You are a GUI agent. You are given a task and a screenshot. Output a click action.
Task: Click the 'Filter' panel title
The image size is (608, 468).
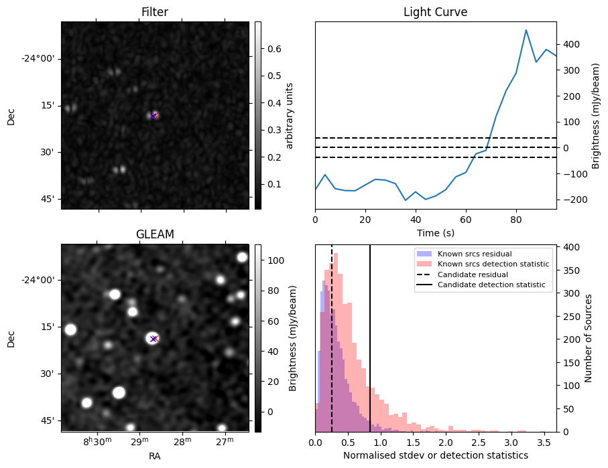[154, 12]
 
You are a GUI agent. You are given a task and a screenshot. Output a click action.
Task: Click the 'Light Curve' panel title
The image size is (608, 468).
[435, 12]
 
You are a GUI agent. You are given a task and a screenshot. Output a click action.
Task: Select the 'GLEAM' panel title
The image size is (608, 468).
[154, 234]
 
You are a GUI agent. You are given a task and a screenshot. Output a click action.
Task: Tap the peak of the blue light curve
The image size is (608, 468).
[526, 30]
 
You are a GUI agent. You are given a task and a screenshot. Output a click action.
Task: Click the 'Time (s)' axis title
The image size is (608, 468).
[435, 232]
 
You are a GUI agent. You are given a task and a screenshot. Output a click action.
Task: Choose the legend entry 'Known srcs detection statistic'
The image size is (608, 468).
[493, 264]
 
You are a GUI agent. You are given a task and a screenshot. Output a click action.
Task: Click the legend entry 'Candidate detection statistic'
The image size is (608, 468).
[491, 285]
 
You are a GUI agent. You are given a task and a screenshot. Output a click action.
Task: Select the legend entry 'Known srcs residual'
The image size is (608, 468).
[474, 254]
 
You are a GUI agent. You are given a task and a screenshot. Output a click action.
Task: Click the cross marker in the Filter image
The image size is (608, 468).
[154, 116]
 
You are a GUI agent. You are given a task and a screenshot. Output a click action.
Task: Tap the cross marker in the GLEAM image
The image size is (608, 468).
[154, 338]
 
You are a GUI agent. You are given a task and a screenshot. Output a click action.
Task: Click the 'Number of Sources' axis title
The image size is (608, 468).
[588, 337]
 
